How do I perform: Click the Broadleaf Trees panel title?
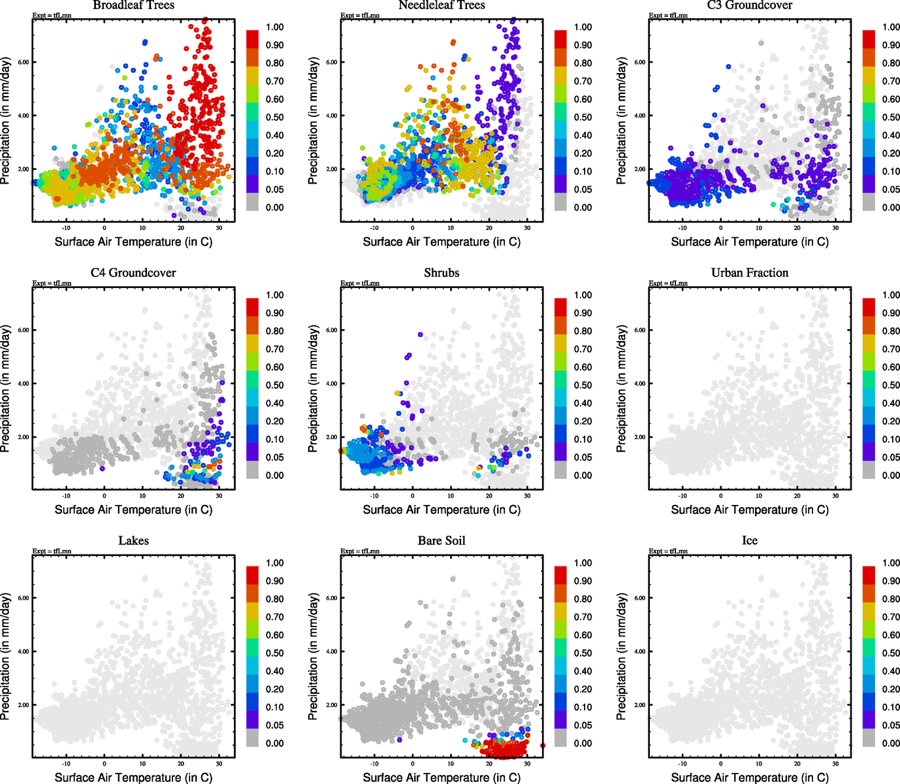pos(133,5)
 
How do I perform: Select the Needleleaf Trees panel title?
pos(442,5)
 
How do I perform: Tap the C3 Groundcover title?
pos(750,5)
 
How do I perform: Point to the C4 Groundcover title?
pos(133,272)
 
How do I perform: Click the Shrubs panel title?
pos(442,272)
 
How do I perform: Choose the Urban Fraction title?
pos(750,272)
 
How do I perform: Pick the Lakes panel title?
pos(133,540)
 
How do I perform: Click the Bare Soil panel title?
pos(442,540)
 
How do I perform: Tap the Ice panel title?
pos(750,540)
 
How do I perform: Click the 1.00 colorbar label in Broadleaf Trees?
pos(274,27)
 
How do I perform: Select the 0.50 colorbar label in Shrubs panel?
pos(583,385)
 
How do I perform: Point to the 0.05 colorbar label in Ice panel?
pos(891,725)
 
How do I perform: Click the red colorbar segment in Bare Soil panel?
pos(561,576)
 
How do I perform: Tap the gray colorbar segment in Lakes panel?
pos(253,738)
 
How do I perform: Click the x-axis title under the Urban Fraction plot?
pos(750,510)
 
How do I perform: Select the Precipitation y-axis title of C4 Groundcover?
pos(6,389)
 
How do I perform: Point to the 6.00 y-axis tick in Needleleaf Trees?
pos(332,62)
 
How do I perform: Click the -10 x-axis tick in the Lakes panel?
pos(66,764)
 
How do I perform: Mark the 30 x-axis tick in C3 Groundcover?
pos(835,228)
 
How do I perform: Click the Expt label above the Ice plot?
pos(667,551)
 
